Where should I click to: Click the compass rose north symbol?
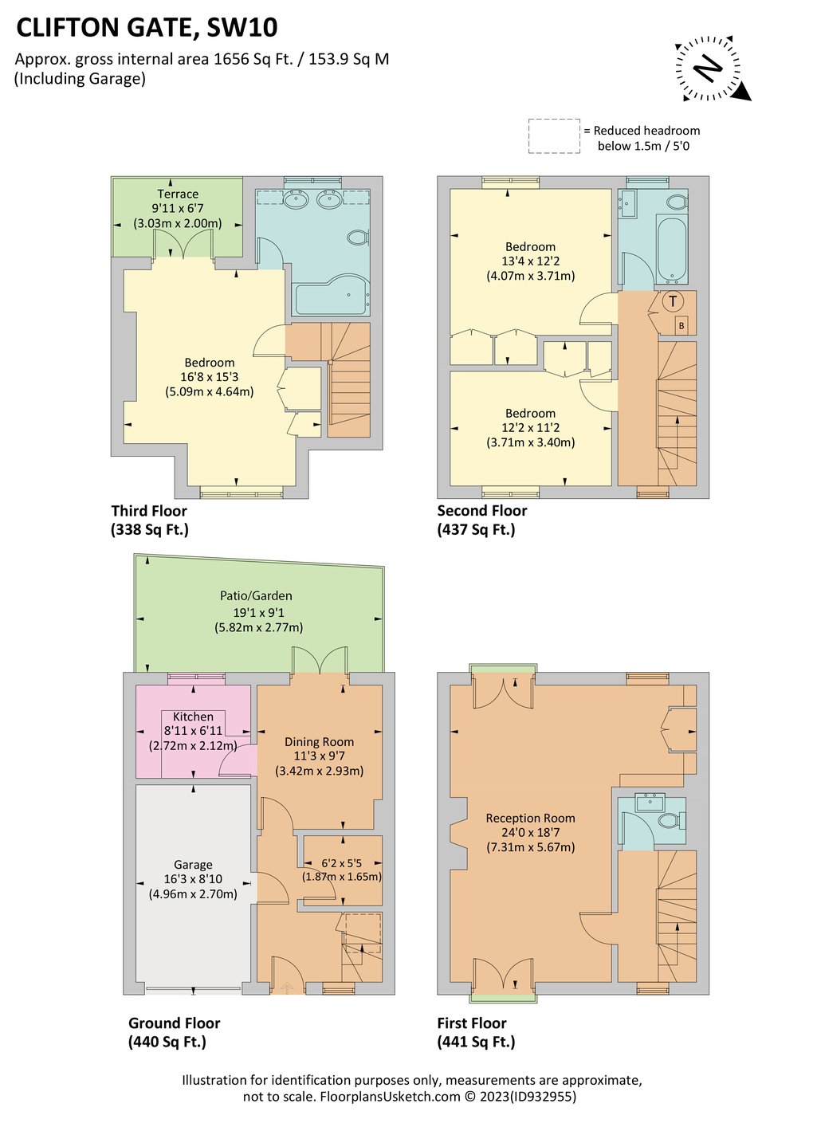pyautogui.click(x=708, y=69)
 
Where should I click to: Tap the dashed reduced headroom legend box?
pyautogui.click(x=554, y=136)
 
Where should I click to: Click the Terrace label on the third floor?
pyautogui.click(x=178, y=194)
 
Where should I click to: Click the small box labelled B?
pyautogui.click(x=681, y=325)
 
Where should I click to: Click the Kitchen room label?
pyautogui.click(x=193, y=717)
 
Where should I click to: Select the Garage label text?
pyautogui.click(x=193, y=865)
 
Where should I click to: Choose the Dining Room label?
pyautogui.click(x=319, y=741)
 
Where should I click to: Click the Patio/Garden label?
pyautogui.click(x=256, y=595)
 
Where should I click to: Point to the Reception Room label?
pyautogui.click(x=530, y=818)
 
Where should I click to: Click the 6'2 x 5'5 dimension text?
pyautogui.click(x=342, y=862)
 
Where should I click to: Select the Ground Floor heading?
pyautogui.click(x=174, y=1023)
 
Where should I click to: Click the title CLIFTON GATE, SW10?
pyautogui.click(x=147, y=28)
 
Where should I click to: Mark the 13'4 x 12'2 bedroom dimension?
pyautogui.click(x=530, y=261)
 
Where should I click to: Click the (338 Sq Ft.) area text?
pyautogui.click(x=150, y=529)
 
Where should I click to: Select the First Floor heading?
pyautogui.click(x=472, y=1023)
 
